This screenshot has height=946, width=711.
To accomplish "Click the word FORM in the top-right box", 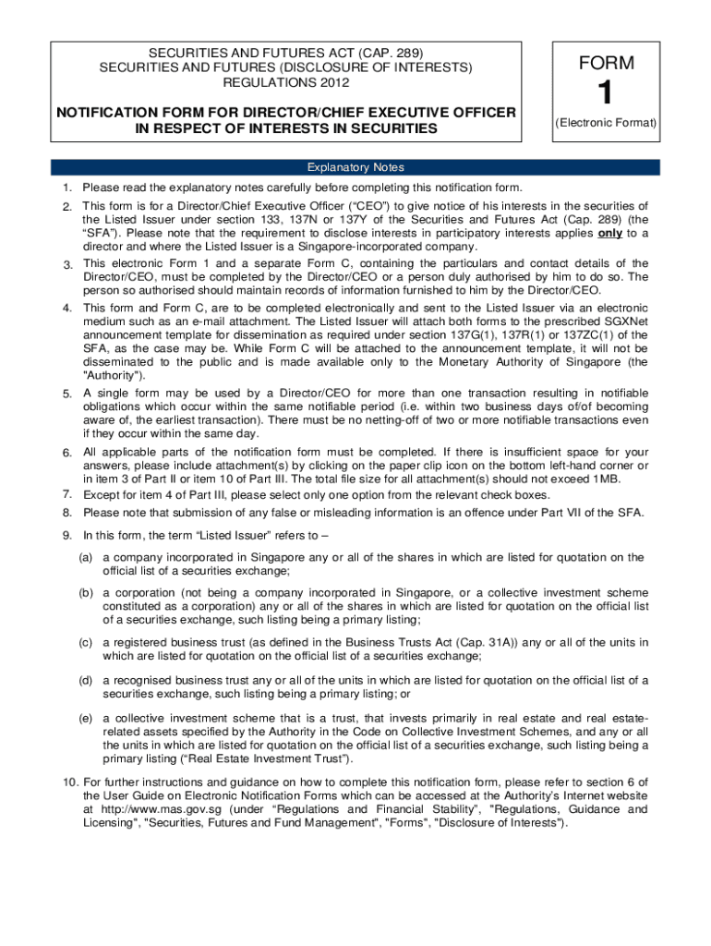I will tap(607, 64).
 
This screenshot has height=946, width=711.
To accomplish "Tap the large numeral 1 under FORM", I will tap(606, 94).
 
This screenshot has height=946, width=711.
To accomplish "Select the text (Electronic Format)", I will tap(606, 123).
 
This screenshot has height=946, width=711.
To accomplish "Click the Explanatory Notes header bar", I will tap(355, 167).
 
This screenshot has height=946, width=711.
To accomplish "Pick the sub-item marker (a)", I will tap(86, 557).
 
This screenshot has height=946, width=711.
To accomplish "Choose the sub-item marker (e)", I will tap(86, 718).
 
